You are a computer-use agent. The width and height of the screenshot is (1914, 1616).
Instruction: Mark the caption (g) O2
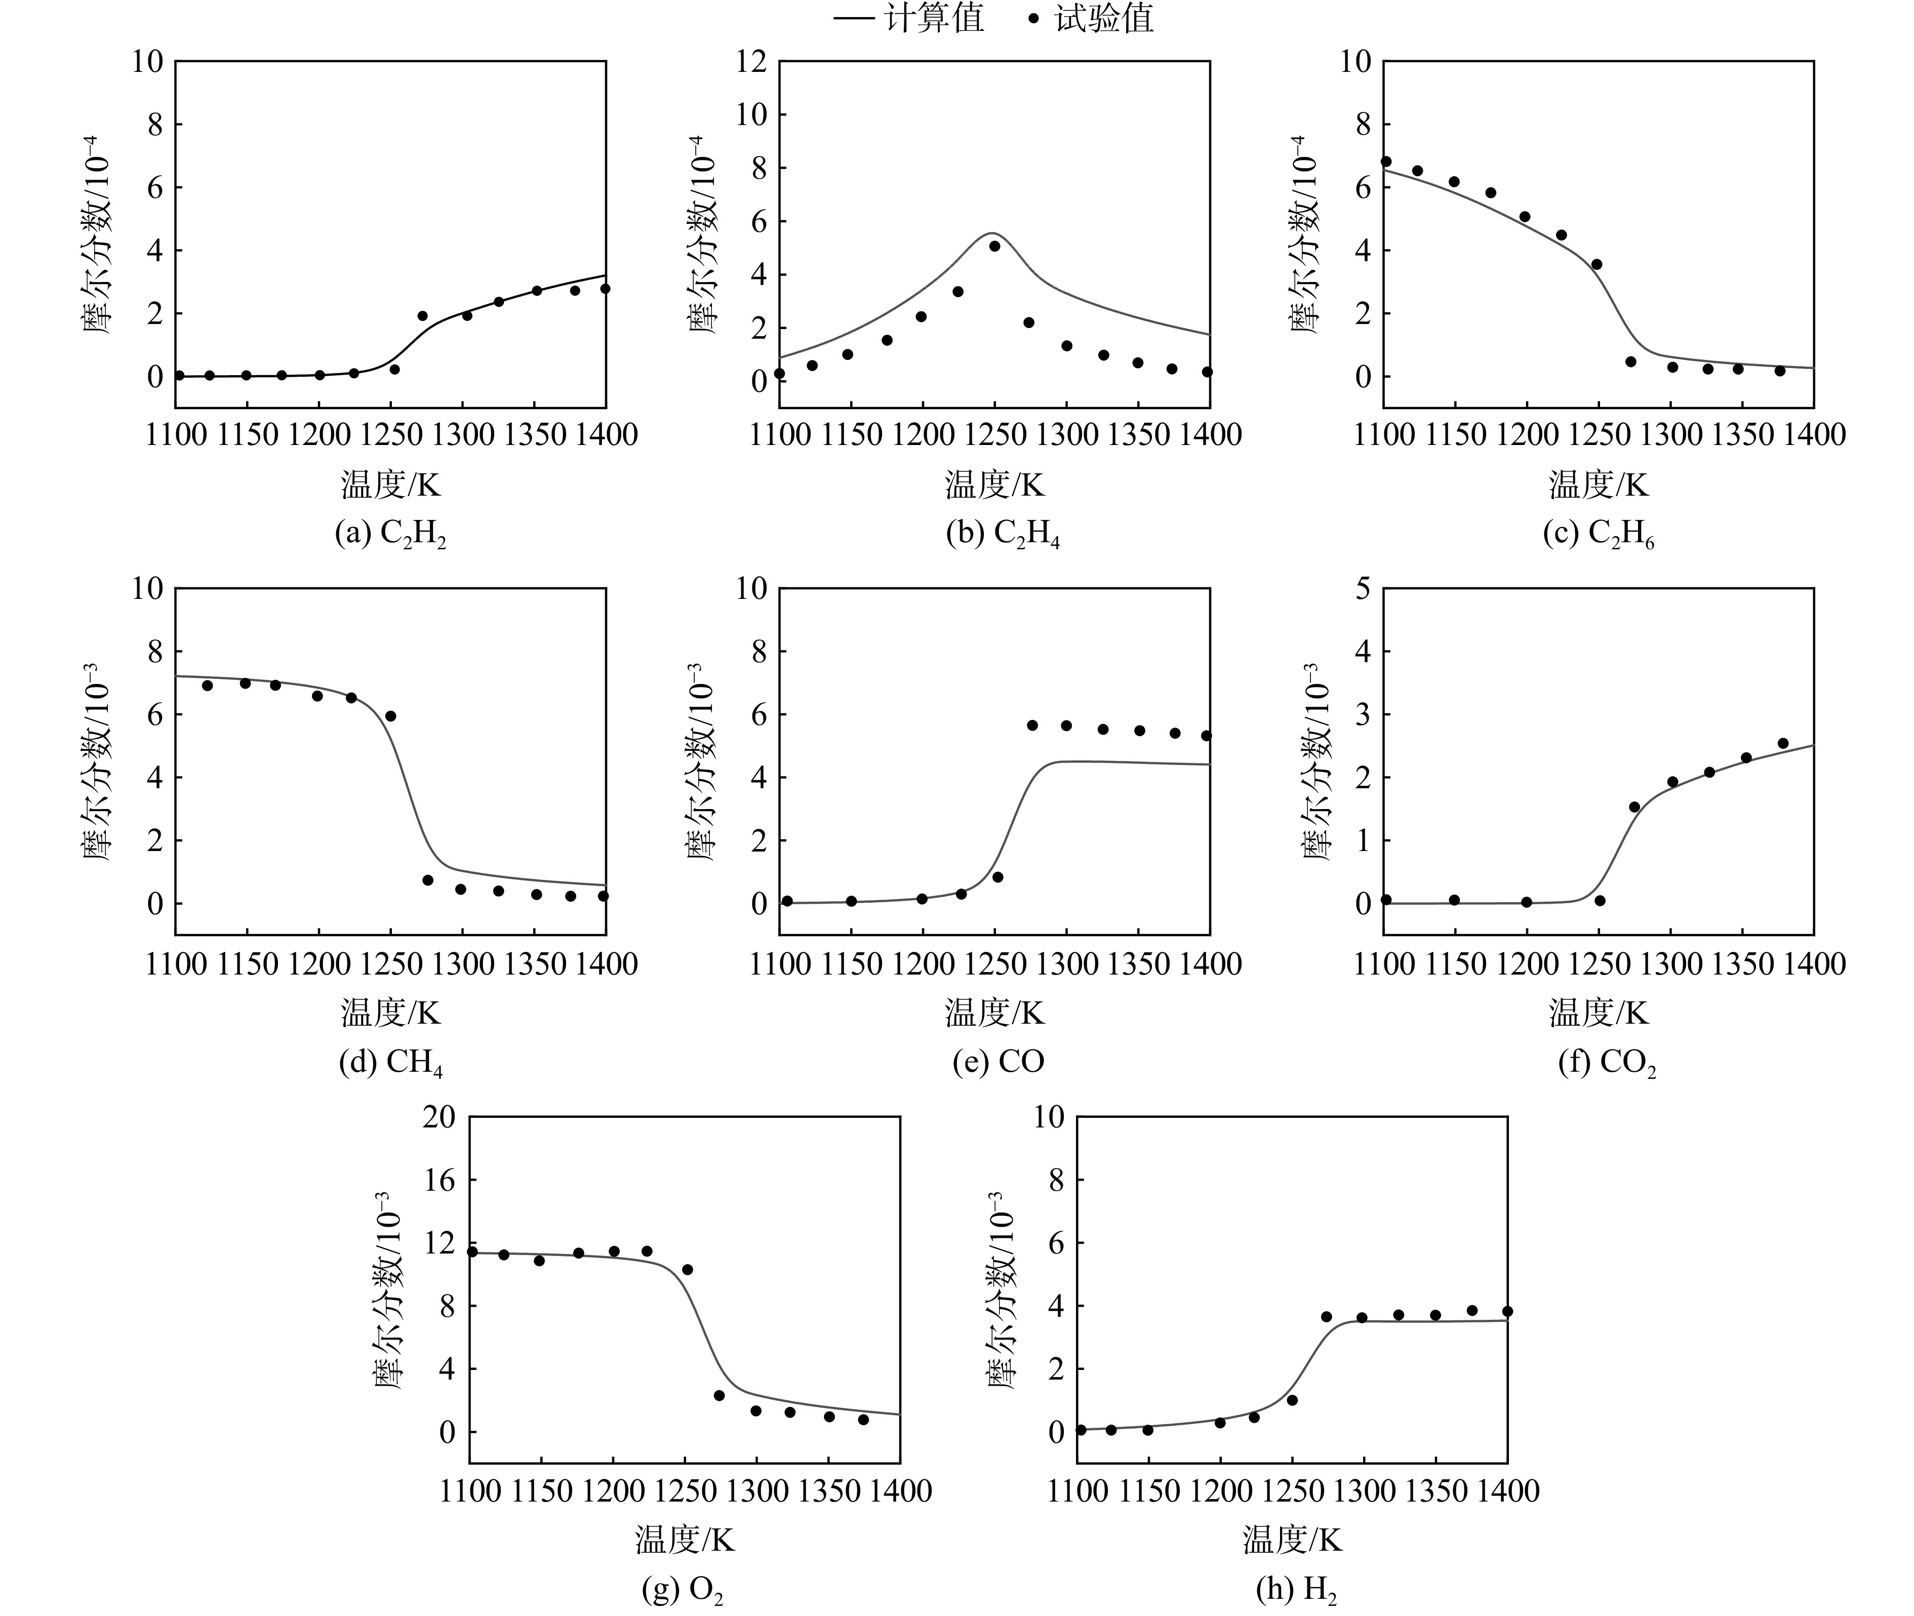683,1590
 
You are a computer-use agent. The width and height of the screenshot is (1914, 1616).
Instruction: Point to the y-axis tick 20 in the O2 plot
439,1117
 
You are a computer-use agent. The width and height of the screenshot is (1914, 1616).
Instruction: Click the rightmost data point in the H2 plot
1507,1311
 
